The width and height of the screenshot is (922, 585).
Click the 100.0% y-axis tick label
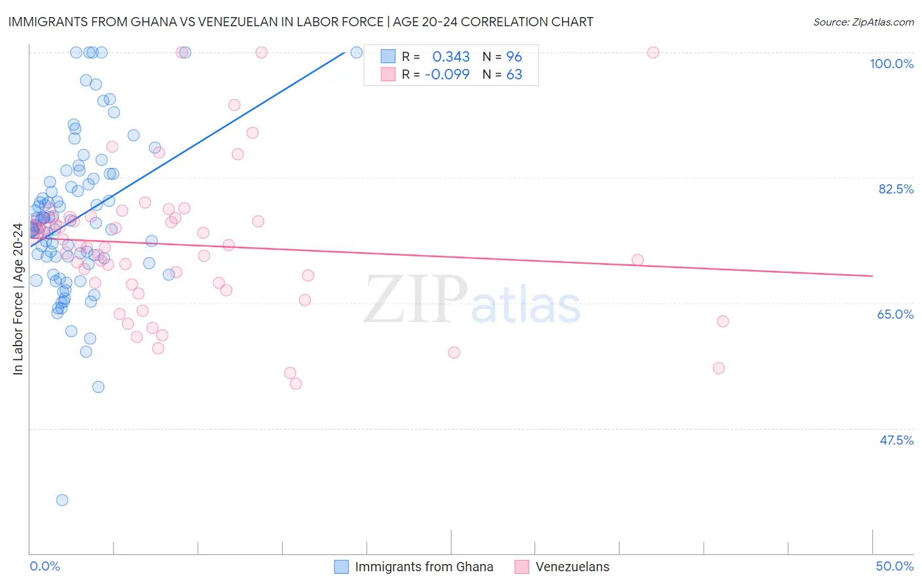(891, 64)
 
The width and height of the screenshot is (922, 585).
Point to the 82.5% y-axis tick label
(896, 189)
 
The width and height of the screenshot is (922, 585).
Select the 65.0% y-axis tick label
(895, 314)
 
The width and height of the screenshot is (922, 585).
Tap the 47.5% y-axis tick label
(896, 440)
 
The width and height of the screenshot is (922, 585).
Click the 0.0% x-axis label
(45, 566)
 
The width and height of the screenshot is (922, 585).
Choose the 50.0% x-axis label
(894, 566)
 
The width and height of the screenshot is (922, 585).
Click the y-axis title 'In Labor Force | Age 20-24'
(18, 299)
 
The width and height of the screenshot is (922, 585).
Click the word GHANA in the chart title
(152, 22)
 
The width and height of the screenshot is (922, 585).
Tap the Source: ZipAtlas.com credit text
(864, 22)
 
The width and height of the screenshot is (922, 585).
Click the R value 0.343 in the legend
(451, 56)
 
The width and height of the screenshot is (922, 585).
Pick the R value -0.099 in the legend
(447, 75)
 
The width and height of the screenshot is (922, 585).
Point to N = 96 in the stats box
(502, 56)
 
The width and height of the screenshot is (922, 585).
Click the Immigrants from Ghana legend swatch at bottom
(341, 567)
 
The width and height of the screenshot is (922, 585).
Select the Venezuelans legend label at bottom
(572, 567)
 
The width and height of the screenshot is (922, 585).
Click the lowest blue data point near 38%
(62, 500)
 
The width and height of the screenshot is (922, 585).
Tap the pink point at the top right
(653, 52)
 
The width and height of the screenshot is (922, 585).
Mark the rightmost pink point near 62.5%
(723, 321)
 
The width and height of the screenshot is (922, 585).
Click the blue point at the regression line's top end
(356, 52)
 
